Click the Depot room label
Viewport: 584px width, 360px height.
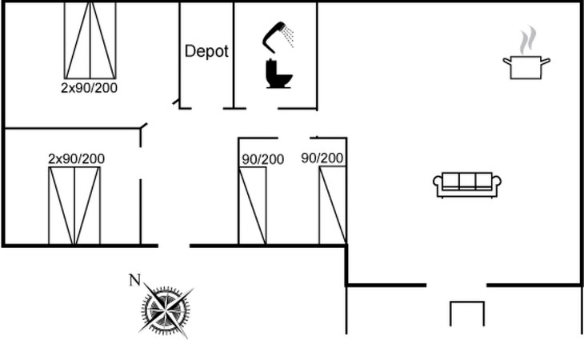[x=206, y=51]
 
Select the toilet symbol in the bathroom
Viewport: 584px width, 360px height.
[x=278, y=74]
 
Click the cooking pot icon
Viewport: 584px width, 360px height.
[x=526, y=67]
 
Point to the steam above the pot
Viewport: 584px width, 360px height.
[x=528, y=40]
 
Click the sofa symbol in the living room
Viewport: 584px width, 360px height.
[x=467, y=185]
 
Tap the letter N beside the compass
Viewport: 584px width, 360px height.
[x=135, y=280]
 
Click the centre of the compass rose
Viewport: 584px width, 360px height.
[x=166, y=310]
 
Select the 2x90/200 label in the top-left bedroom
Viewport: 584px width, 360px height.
[x=89, y=88]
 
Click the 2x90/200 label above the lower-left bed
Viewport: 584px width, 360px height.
[x=76, y=159]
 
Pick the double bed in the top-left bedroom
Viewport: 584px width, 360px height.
[x=90, y=40]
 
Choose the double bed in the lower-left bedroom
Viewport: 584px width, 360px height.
[x=74, y=206]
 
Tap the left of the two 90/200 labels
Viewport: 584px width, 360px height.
[x=263, y=160]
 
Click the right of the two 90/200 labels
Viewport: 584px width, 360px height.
[x=322, y=158]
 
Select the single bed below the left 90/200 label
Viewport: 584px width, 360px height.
[x=253, y=206]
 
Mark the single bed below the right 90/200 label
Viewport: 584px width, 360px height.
[x=333, y=206]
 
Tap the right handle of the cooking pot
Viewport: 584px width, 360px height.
[x=546, y=62]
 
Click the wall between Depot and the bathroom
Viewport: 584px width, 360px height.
[x=234, y=55]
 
